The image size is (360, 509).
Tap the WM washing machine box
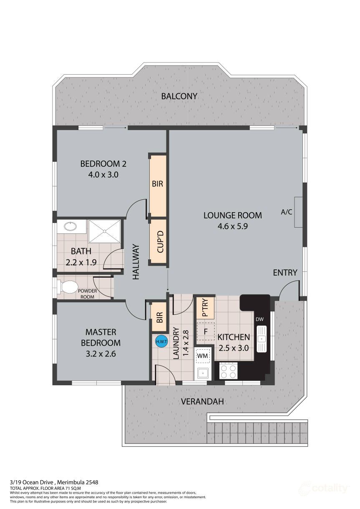(x=203, y=356)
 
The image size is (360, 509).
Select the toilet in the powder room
(x=68, y=287)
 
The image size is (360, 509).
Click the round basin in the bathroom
(x=71, y=227)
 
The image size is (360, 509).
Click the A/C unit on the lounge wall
(x=298, y=212)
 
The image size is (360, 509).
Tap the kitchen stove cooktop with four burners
(x=228, y=371)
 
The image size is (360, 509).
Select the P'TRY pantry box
(x=205, y=308)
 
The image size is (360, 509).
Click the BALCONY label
(x=179, y=96)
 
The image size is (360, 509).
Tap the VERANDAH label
(x=202, y=401)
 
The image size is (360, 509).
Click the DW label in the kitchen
(x=260, y=319)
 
